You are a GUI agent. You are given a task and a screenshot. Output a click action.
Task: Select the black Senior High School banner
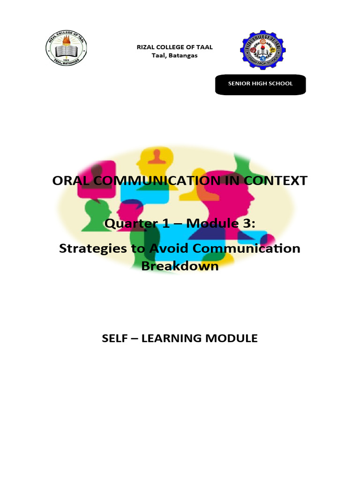click(x=260, y=84)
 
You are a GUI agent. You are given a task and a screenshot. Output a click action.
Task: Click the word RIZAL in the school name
click(x=144, y=47)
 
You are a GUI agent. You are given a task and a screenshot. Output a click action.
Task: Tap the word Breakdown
click(x=180, y=265)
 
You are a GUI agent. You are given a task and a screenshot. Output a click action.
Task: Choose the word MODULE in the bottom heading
click(x=235, y=338)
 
